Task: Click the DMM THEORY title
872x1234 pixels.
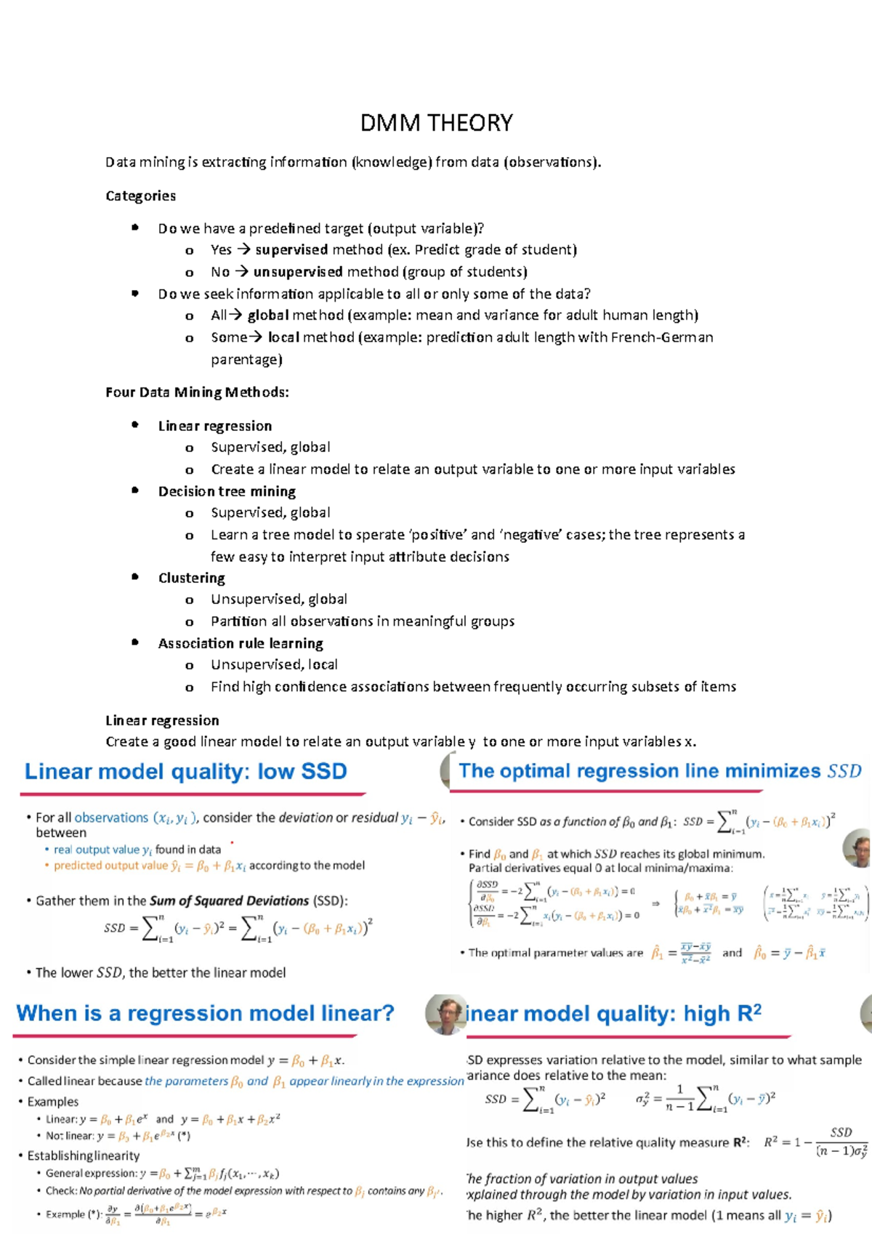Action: click(x=436, y=123)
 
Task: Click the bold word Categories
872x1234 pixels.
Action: click(x=140, y=196)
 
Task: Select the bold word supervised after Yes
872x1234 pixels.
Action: click(x=291, y=250)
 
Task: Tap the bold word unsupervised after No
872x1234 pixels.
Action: click(x=298, y=272)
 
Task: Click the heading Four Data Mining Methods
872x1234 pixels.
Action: click(x=197, y=392)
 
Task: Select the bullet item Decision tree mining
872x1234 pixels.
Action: click(x=227, y=491)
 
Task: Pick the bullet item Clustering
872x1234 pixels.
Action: click(x=191, y=578)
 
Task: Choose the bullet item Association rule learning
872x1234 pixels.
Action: click(x=241, y=643)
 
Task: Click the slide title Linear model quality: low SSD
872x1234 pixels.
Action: click(x=186, y=771)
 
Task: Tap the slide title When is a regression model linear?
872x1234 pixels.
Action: click(x=205, y=1013)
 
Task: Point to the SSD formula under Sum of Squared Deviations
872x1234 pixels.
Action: click(x=238, y=929)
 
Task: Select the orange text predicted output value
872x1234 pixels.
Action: click(x=110, y=866)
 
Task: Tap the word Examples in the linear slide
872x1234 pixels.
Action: click(x=52, y=1102)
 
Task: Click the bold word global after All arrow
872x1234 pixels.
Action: click(x=268, y=315)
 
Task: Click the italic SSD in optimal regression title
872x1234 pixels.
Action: click(x=844, y=771)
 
